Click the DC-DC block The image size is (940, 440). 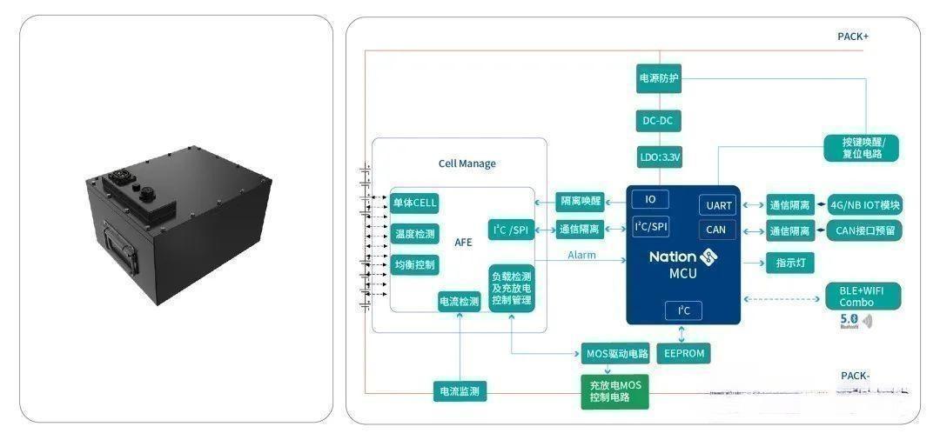[658, 121]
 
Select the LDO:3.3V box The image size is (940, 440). [658, 158]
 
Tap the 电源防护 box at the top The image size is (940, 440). [658, 78]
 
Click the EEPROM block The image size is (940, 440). [682, 353]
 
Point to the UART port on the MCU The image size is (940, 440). [718, 206]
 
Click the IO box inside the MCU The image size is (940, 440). [650, 199]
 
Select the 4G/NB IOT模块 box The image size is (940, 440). [864, 206]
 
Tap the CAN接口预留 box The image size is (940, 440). [864, 230]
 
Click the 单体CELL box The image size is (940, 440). [413, 203]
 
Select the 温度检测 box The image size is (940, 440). [413, 234]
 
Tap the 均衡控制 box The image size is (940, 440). [413, 264]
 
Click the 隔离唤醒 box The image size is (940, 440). [581, 203]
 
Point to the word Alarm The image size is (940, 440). [581, 255]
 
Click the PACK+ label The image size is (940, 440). [852, 37]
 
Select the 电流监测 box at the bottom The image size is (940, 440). [460, 391]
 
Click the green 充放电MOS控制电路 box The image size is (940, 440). [615, 391]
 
